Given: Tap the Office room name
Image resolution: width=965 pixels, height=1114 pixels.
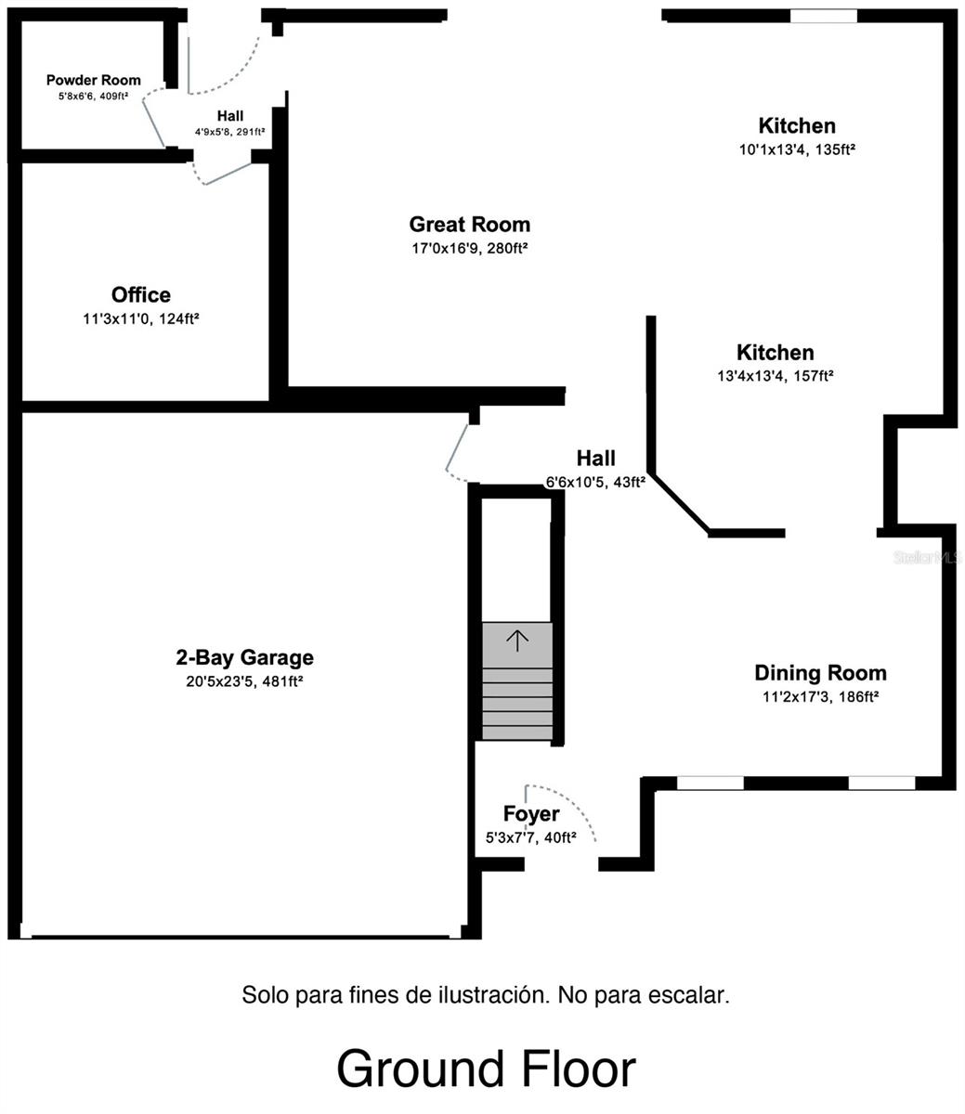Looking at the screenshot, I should (141, 295).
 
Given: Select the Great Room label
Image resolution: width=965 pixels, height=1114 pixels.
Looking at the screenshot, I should (470, 225).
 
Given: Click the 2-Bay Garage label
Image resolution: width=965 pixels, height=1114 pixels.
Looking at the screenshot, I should (245, 658).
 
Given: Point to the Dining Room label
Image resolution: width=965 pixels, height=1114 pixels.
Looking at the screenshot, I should (820, 673).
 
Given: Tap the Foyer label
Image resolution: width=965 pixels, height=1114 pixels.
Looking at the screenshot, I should (531, 814).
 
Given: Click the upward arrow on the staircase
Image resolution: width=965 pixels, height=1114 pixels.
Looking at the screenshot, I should (517, 639).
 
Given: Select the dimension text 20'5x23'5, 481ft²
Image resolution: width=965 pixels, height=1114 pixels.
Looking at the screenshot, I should (245, 681).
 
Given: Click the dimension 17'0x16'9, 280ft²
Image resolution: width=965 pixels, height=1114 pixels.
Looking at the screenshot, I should (470, 248).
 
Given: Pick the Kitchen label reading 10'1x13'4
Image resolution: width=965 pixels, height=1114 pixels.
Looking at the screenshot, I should (797, 126).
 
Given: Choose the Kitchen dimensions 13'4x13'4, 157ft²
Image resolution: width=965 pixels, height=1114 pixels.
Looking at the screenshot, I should (776, 376).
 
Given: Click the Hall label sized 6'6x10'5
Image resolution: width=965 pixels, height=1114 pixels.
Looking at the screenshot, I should (595, 459).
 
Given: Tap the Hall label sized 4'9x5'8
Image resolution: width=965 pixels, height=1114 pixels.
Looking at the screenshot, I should (230, 116).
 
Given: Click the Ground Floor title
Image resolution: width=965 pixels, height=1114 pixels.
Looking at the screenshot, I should (485, 1069).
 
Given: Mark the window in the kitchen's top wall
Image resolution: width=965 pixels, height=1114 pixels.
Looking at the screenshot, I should (823, 16).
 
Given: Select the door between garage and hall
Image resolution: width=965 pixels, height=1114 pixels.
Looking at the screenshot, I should (456, 450).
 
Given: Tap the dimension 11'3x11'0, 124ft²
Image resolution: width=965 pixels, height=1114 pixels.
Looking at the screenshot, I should (141, 318).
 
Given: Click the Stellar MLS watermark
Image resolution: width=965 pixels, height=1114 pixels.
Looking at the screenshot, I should (927, 558).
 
